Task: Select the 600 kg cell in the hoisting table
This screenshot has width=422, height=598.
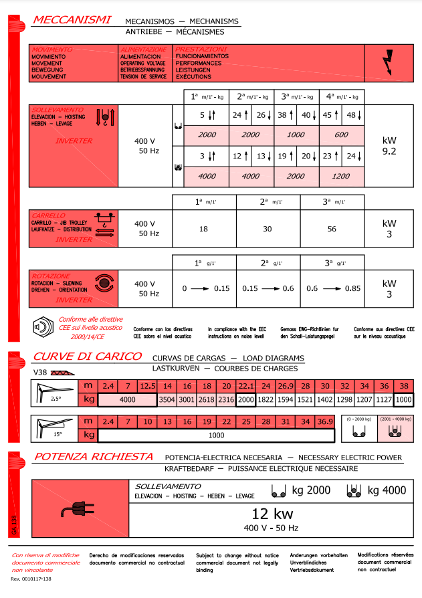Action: click(342, 134)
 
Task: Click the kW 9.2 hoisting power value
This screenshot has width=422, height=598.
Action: click(389, 146)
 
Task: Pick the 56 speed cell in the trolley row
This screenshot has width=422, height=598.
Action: click(332, 228)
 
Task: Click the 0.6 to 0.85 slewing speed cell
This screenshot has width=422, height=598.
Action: click(332, 288)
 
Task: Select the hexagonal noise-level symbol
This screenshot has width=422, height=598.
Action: click(42, 327)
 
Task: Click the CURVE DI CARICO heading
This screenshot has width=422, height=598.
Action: click(88, 357)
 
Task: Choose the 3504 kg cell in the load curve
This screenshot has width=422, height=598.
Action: click(167, 399)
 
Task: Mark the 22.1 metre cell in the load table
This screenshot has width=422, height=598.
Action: click(247, 386)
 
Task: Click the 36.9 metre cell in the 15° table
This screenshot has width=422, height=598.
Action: click(324, 421)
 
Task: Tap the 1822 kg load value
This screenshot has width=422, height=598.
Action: click(266, 399)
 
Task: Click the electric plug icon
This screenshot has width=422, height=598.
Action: click(75, 510)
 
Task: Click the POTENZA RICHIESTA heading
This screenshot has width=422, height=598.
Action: click(94, 457)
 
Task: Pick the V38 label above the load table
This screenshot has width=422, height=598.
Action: click(39, 371)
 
